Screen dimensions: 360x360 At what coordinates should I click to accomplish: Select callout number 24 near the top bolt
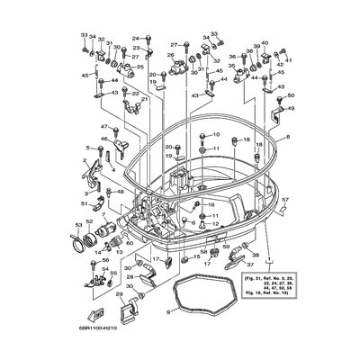pos(136,39)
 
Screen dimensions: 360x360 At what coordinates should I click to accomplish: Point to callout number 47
pos(104,128)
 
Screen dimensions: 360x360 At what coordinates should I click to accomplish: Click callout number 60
pos(129,243)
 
